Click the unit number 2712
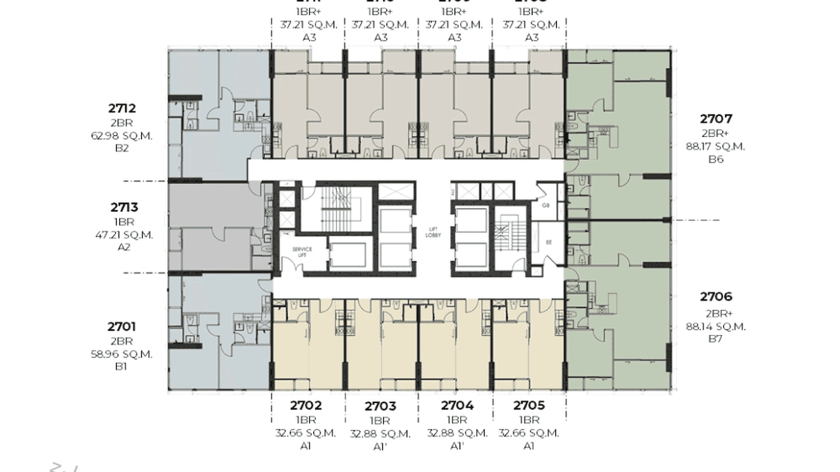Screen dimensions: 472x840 click(x=121, y=109)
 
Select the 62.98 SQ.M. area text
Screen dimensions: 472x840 click(x=121, y=136)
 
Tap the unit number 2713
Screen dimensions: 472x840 click(x=124, y=207)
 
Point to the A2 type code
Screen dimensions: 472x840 click(x=124, y=247)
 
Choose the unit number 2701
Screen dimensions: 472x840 click(x=121, y=326)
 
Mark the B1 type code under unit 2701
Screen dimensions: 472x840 click(x=121, y=366)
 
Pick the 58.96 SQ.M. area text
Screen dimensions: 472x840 click(x=121, y=354)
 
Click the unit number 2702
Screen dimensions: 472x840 click(x=306, y=406)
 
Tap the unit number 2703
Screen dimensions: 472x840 click(x=380, y=406)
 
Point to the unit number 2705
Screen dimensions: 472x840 click(x=529, y=406)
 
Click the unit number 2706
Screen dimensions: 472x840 click(x=716, y=297)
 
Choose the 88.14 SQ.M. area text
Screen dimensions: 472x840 click(x=716, y=326)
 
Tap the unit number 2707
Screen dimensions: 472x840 click(x=716, y=118)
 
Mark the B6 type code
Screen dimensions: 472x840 click(x=716, y=160)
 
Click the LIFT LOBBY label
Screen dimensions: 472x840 click(x=432, y=232)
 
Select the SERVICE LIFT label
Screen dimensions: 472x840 click(x=302, y=252)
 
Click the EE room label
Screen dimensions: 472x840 click(x=549, y=242)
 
